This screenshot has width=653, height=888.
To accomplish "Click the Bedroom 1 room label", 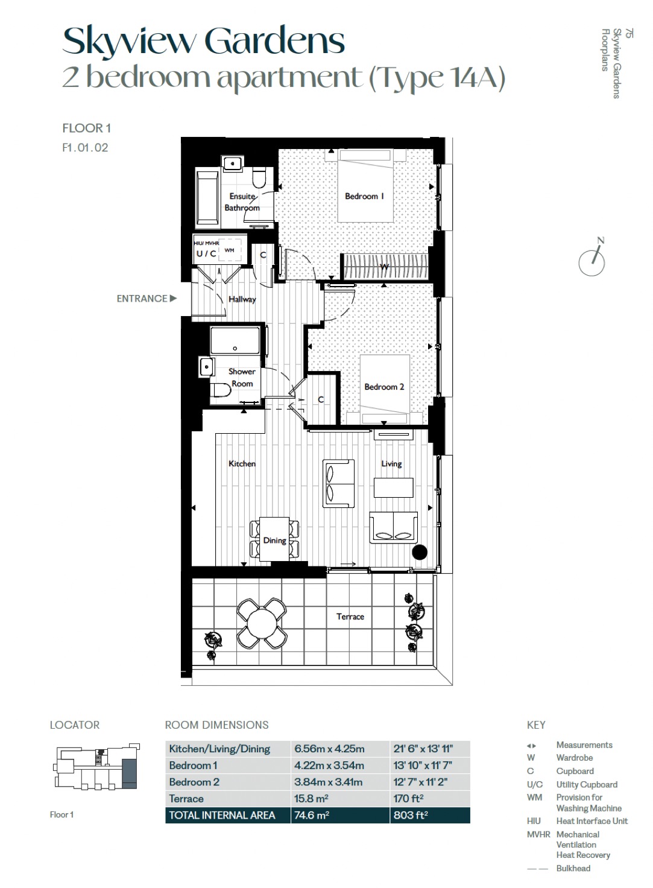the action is [x=364, y=196].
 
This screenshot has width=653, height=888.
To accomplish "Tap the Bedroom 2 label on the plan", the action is [x=384, y=387].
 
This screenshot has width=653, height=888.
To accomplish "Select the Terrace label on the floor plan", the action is [x=350, y=617].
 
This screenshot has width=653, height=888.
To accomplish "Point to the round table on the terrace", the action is [x=262, y=624].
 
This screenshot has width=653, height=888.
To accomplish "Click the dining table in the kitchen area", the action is [x=274, y=539].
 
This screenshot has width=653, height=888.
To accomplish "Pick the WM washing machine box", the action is [x=229, y=250].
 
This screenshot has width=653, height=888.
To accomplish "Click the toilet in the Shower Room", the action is [x=222, y=390].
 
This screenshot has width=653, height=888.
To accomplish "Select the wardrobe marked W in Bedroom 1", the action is [x=385, y=267].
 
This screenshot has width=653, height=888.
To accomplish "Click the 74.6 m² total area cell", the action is [x=312, y=815].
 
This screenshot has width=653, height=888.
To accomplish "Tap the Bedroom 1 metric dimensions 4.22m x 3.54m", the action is [x=329, y=765].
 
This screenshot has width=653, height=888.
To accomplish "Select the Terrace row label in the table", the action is [x=186, y=798].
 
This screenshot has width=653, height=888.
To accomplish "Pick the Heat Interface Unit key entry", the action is [x=592, y=820].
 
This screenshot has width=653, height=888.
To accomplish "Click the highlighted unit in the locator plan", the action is [x=129, y=774].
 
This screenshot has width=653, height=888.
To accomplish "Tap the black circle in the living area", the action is [x=420, y=552].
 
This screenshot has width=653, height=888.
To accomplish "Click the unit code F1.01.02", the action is [x=85, y=148].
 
